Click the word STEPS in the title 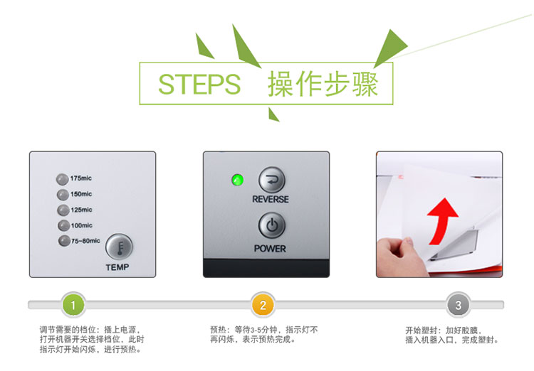click(199, 84)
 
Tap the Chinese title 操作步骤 click(323, 84)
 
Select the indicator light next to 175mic click(63, 179)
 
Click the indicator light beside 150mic click(63, 195)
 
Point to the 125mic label click(81, 210)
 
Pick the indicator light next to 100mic click(63, 225)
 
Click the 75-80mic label click(85, 241)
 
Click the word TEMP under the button click(117, 267)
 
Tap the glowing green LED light click(237, 180)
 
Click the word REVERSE click(271, 199)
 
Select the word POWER click(270, 249)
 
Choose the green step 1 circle click(73, 305)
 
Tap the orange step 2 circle click(263, 305)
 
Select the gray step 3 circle click(459, 305)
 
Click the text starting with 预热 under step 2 click(264, 334)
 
